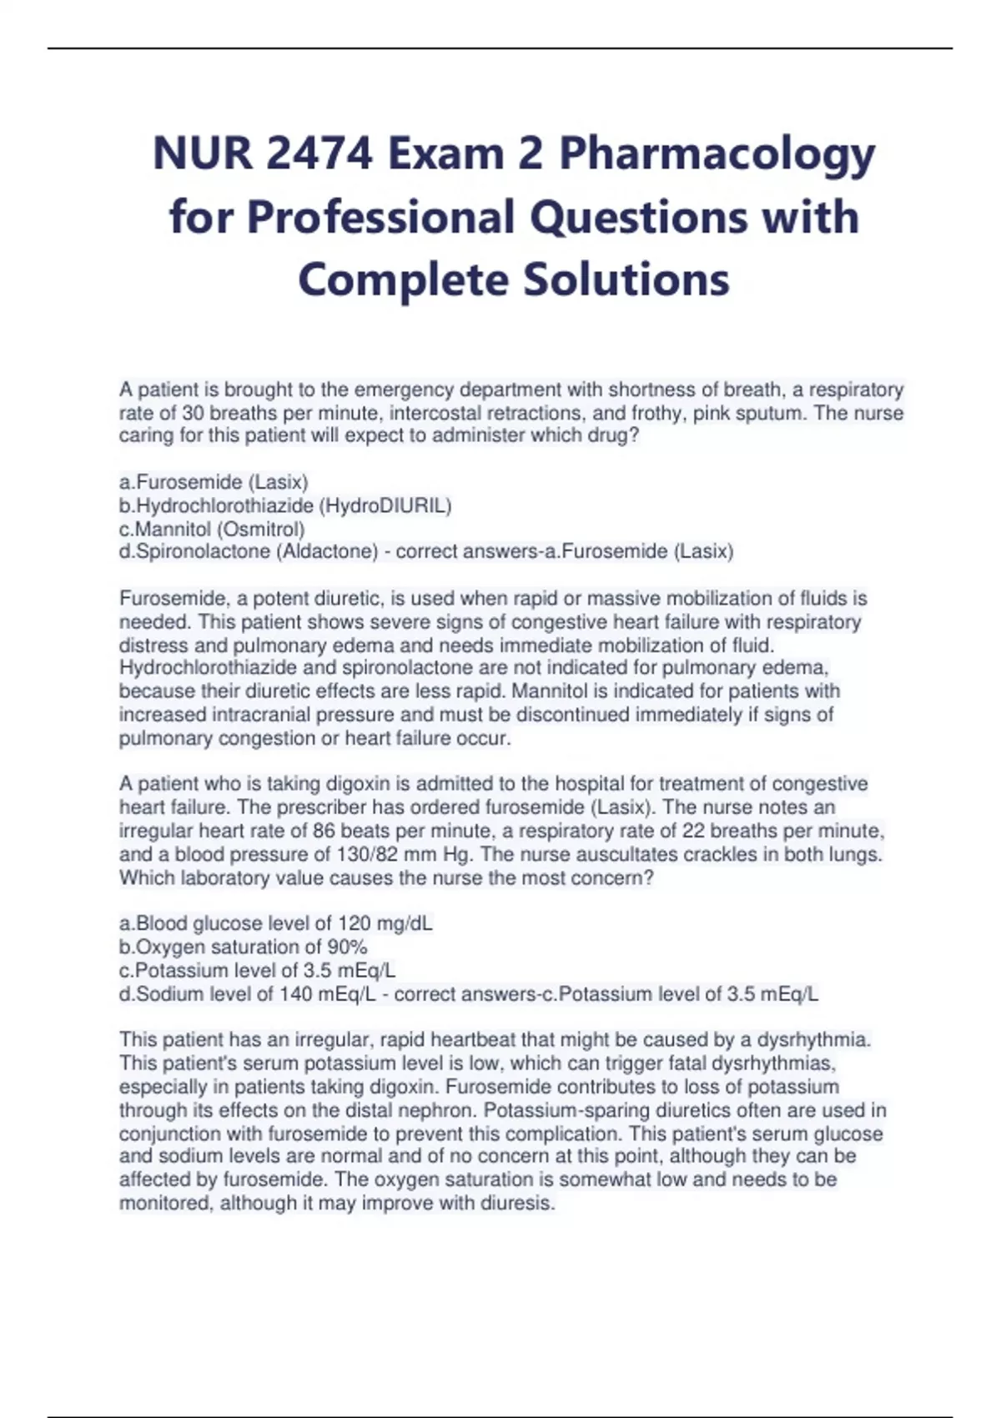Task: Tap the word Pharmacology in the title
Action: [717, 154]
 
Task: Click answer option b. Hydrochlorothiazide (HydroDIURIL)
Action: [285, 505]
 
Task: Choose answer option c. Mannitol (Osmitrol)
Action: [212, 529]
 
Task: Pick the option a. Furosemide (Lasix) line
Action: [214, 482]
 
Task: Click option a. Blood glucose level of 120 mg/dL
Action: [275, 923]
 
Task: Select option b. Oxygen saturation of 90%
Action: [243, 947]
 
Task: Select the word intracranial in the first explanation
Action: [259, 715]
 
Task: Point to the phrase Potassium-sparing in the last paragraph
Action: [557, 1110]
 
